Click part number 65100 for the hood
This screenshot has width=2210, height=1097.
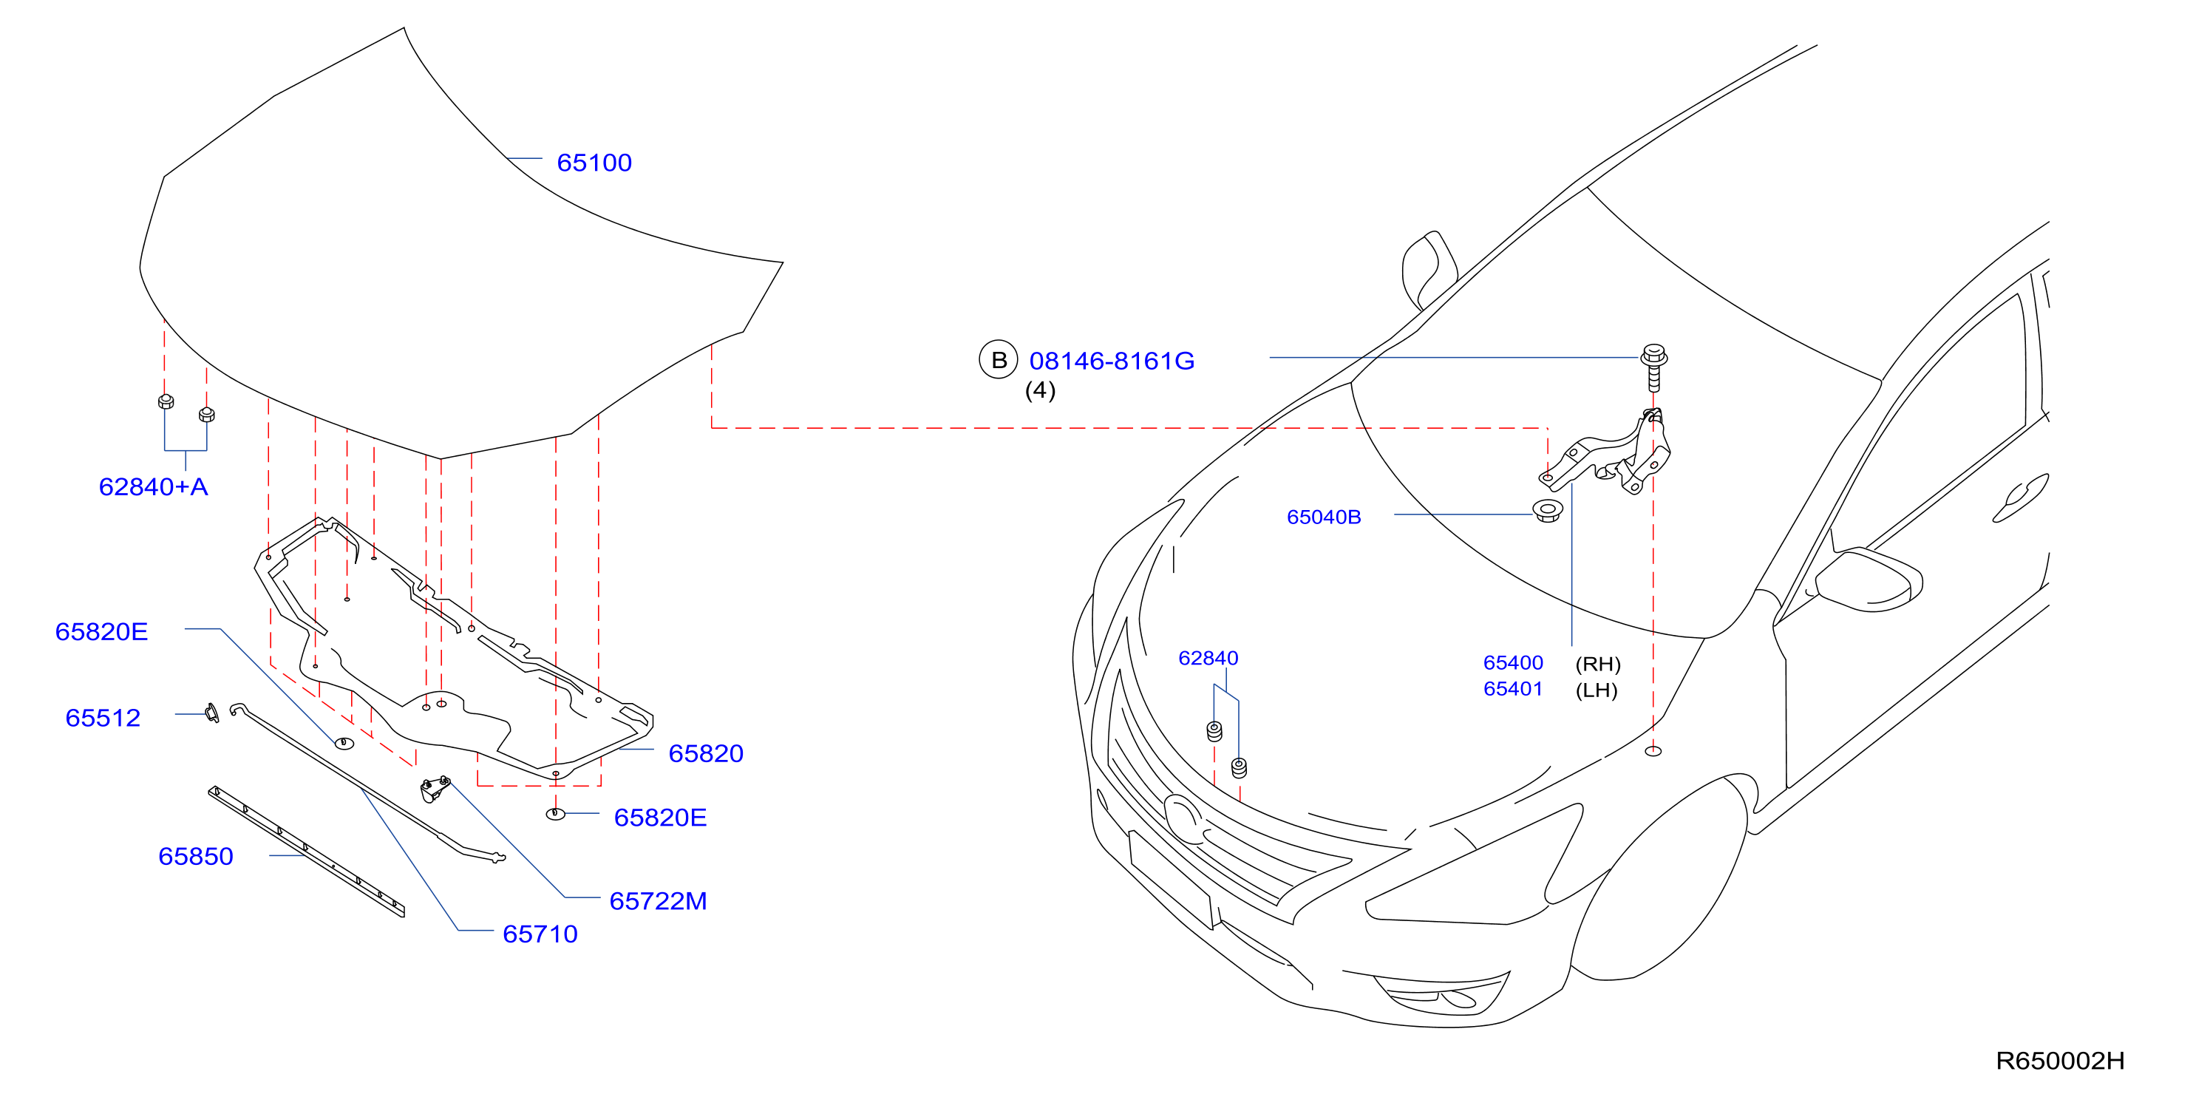(594, 162)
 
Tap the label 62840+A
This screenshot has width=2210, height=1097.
(154, 486)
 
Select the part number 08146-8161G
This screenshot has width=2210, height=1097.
(1112, 361)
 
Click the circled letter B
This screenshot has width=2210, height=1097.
(999, 360)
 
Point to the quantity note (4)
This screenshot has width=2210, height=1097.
(1040, 390)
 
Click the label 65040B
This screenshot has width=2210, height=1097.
(1324, 517)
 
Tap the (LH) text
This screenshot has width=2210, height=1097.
(1597, 690)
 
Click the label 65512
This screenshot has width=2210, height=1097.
(103, 718)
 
